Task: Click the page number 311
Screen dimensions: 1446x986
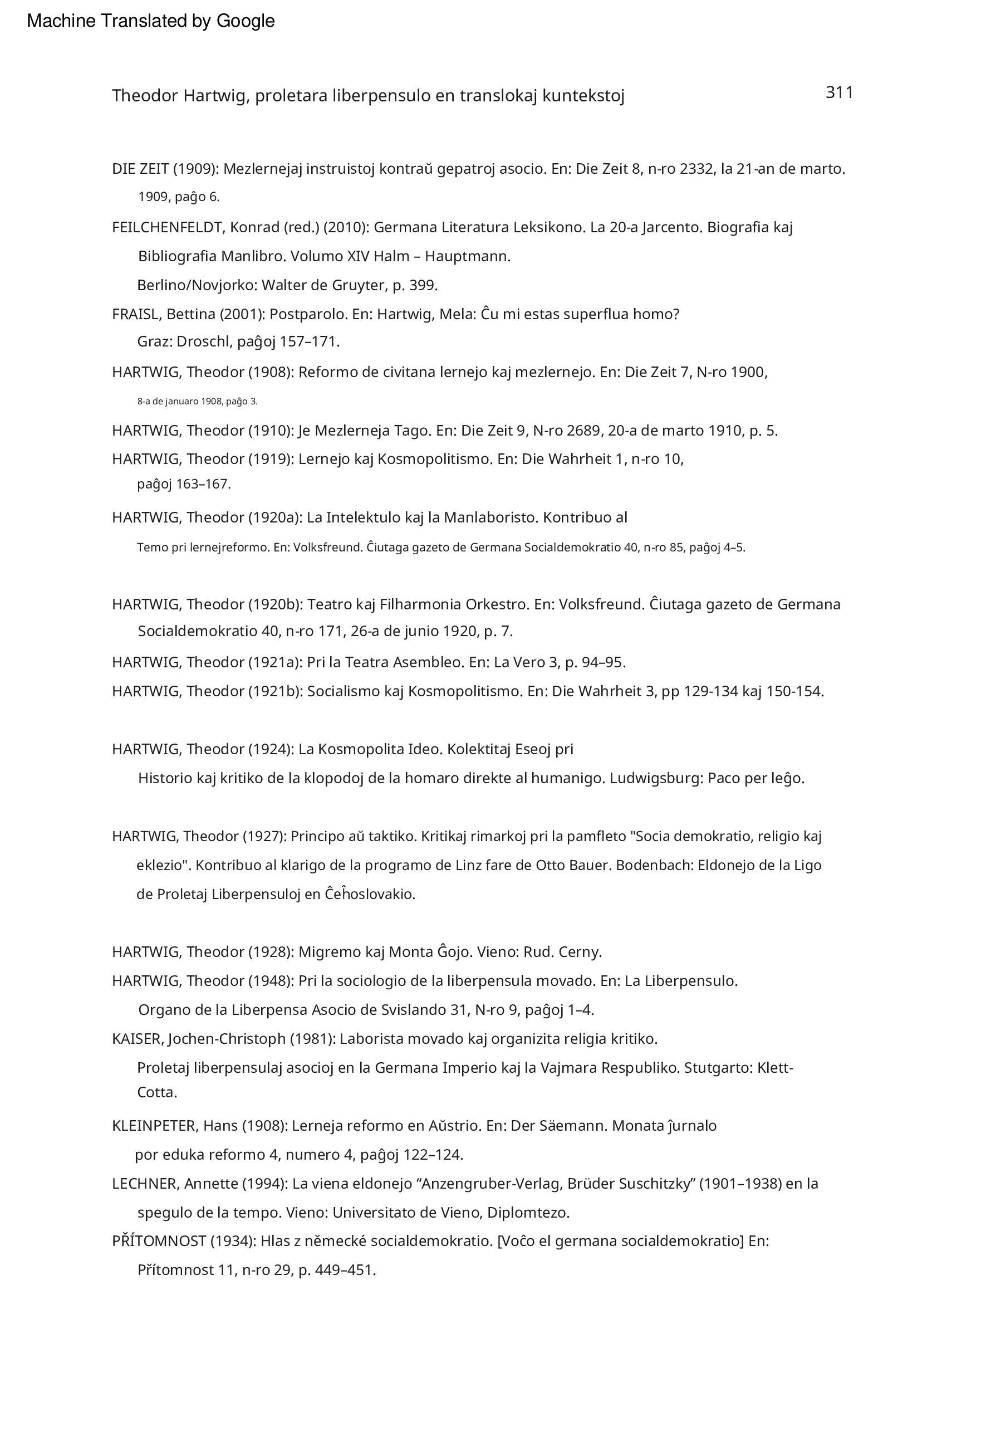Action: coord(839,92)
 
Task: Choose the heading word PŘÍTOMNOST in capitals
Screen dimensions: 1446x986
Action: coord(159,1241)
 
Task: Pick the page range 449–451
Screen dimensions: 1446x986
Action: coord(345,1270)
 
